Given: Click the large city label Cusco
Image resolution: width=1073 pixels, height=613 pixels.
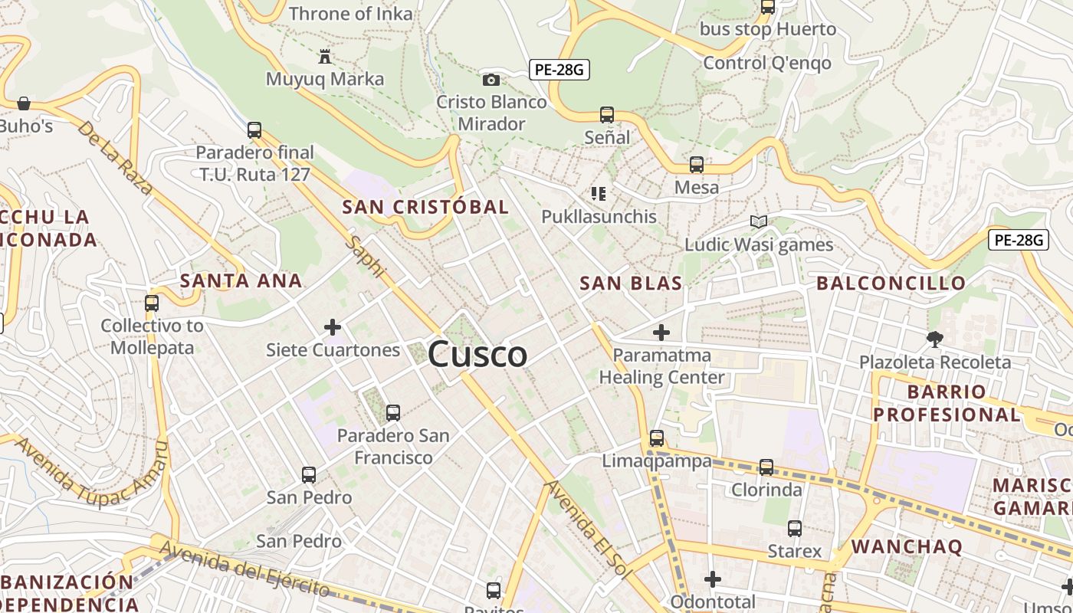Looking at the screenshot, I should [x=477, y=354].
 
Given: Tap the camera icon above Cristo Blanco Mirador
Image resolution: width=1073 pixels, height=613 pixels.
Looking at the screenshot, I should [x=491, y=80].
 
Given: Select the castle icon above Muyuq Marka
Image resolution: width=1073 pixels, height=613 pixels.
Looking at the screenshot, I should [x=325, y=57].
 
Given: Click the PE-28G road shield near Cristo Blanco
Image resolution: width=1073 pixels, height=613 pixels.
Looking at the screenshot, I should [x=559, y=70].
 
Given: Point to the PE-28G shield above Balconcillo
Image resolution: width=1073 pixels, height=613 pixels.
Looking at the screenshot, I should [x=1018, y=240].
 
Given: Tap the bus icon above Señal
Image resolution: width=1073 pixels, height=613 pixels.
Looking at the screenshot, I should [x=607, y=115].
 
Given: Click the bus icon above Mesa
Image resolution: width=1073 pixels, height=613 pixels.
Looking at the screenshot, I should [x=697, y=165].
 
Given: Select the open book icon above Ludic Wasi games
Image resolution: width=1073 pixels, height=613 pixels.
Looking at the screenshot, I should [x=759, y=222].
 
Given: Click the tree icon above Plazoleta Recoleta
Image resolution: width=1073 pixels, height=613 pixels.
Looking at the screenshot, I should [x=934, y=339].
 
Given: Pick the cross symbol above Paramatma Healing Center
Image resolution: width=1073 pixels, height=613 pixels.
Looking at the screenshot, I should [x=661, y=333].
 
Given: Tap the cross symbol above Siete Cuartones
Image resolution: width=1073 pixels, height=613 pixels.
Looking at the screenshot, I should [x=333, y=328].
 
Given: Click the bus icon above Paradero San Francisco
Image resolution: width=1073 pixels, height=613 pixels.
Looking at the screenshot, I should [x=393, y=413].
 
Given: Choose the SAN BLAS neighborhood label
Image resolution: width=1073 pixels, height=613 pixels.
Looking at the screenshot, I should [x=631, y=284].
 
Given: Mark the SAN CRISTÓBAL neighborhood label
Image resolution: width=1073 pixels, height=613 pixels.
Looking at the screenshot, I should [x=425, y=207].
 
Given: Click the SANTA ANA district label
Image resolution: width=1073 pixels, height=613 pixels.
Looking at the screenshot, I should [x=241, y=280].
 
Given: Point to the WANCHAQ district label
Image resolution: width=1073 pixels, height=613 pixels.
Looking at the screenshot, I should [x=907, y=546].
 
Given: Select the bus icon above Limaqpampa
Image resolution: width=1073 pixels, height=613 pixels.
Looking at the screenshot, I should [x=657, y=438].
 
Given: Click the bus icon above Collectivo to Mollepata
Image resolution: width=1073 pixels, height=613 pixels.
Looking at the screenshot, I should [x=152, y=303].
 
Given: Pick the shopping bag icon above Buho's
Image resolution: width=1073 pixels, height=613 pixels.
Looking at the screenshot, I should [x=24, y=103].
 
